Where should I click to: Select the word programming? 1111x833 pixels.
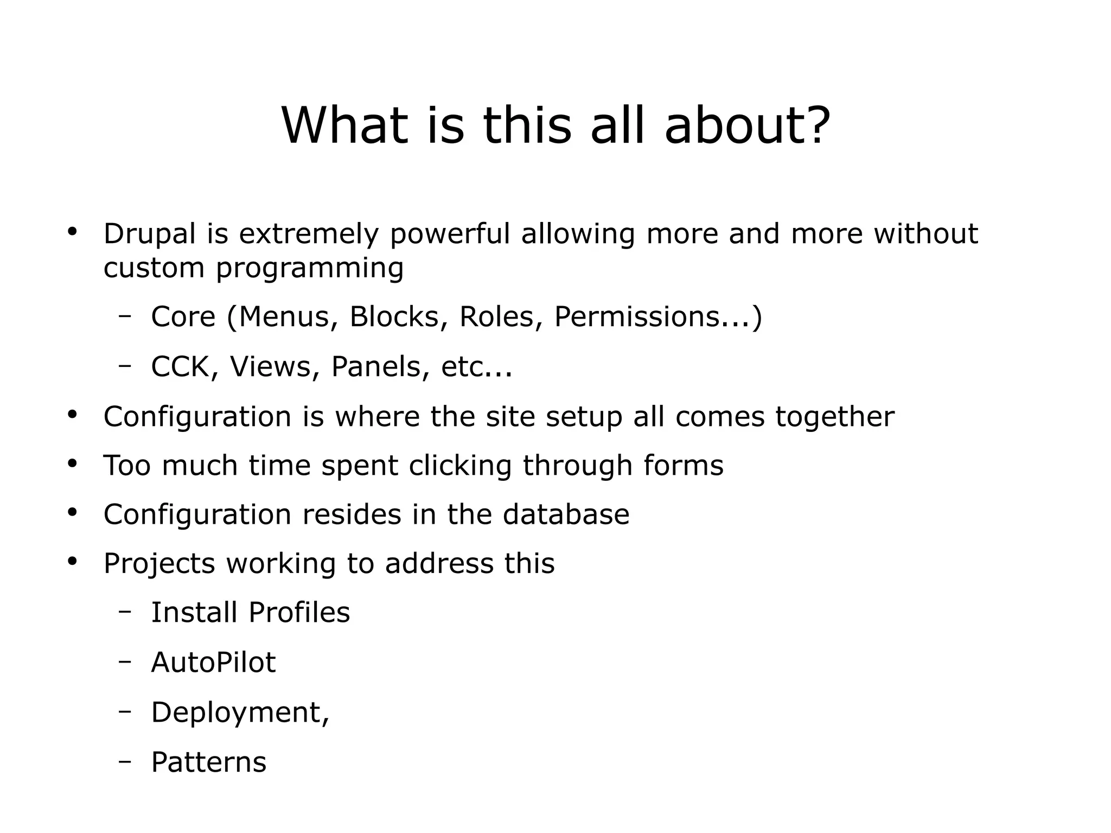[x=310, y=269]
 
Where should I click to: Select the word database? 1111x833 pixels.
[x=566, y=514]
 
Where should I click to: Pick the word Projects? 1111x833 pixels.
[x=159, y=563]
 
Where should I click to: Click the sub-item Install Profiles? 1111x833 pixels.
[x=250, y=612]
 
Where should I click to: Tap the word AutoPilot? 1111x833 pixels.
[x=213, y=662]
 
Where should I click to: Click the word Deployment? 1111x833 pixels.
[x=238, y=712]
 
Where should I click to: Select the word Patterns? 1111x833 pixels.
[x=209, y=762]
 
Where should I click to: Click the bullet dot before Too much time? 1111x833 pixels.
[x=73, y=464]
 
